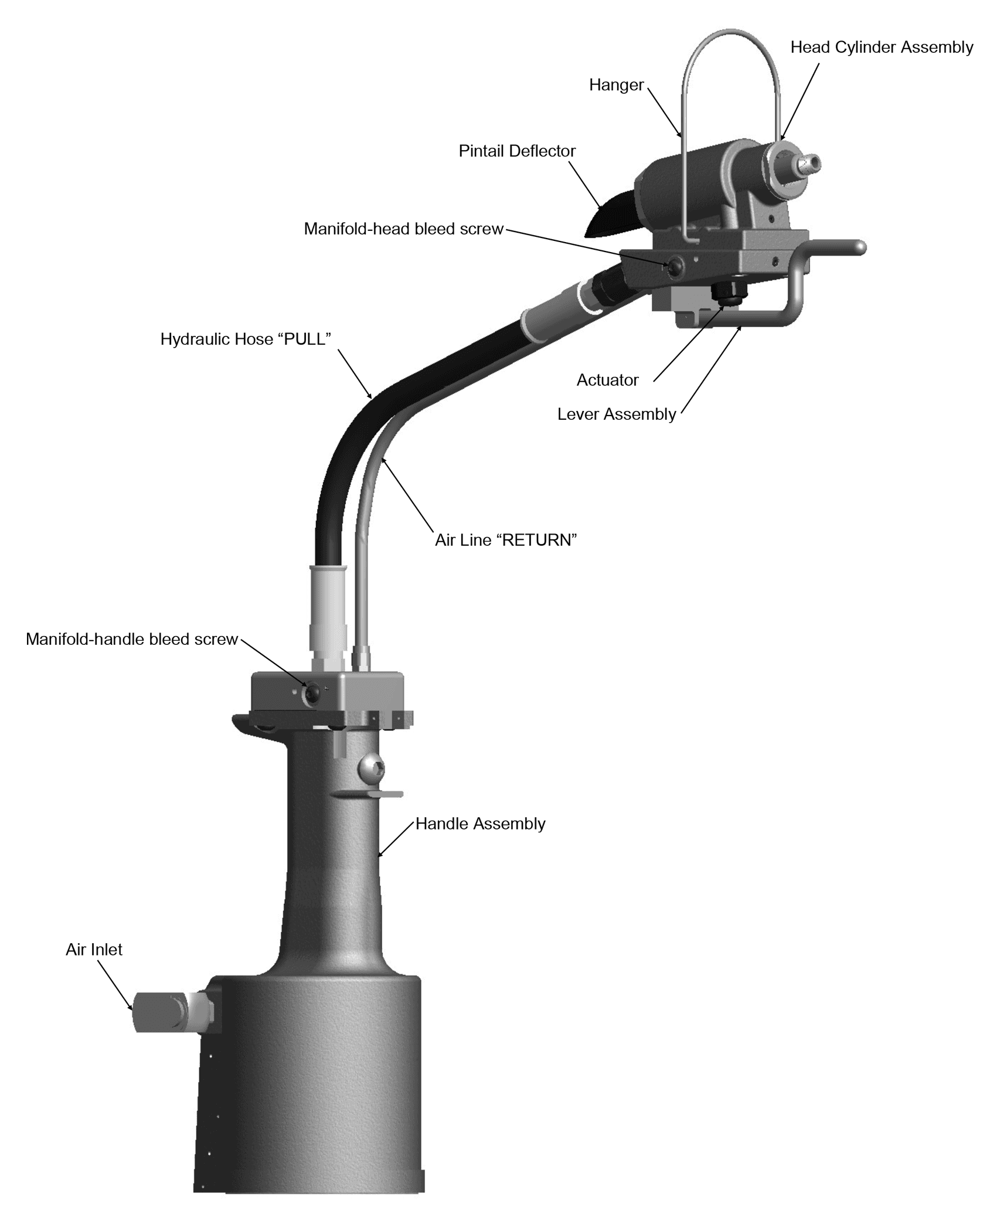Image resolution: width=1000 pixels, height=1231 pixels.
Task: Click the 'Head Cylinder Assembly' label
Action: (882, 47)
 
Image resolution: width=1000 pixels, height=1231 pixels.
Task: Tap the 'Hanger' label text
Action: (616, 86)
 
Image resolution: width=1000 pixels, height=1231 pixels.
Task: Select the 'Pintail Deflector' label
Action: (517, 151)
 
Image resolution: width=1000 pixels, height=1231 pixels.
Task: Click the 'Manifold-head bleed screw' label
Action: (404, 229)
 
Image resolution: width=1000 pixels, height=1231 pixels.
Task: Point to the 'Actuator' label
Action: (607, 380)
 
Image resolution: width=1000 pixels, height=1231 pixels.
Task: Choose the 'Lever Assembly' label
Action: (617, 414)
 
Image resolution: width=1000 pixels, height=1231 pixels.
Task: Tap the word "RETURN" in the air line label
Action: (536, 540)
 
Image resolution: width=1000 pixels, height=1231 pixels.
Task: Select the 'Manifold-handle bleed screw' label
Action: (132, 640)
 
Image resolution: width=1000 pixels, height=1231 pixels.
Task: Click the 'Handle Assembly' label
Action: (480, 824)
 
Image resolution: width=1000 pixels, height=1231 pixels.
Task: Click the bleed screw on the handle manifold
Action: (311, 694)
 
